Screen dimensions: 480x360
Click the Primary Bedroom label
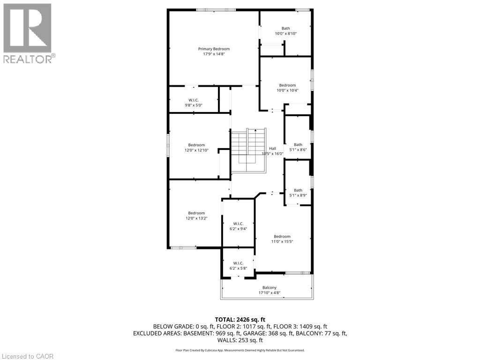[214, 49]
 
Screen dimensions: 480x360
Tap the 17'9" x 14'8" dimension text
[214, 54]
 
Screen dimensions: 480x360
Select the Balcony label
[270, 288]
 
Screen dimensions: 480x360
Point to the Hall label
[272, 149]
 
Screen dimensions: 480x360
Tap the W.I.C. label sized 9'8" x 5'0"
[194, 100]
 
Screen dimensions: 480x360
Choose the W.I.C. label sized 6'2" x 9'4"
[238, 224]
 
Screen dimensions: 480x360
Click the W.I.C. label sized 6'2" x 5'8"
[238, 263]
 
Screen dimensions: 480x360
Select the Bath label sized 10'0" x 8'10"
[285, 29]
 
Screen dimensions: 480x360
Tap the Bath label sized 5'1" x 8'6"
[298, 145]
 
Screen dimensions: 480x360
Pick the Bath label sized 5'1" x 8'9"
[298, 190]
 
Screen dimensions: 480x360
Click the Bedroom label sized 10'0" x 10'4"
[287, 85]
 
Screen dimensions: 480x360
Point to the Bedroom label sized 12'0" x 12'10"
[196, 145]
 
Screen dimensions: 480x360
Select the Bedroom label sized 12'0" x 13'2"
[196, 213]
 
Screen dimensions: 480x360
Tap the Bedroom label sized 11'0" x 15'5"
[282, 236]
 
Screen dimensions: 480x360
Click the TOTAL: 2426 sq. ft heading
[240, 320]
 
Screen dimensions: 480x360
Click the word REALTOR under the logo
[28, 59]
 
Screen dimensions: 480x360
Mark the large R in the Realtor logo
[27, 28]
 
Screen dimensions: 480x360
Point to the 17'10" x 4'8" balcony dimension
[270, 293]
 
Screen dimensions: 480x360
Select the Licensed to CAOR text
[27, 356]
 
